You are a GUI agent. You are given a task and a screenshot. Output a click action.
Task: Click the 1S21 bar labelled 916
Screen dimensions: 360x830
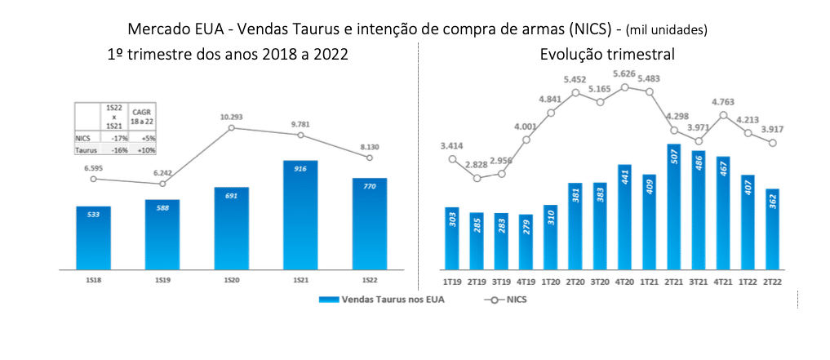tap(301, 215)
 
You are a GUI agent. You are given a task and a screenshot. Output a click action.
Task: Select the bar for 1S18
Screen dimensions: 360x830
tap(93, 238)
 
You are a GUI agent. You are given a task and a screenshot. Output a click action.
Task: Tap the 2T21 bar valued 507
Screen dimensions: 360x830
tap(673, 207)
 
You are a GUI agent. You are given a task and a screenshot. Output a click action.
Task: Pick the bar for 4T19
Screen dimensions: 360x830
tap(526, 242)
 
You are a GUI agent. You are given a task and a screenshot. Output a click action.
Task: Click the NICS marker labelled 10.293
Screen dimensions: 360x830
tap(232, 127)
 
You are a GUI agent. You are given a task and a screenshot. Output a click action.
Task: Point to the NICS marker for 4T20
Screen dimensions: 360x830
tap(624, 87)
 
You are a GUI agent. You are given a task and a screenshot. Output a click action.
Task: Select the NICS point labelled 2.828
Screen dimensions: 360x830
tap(477, 178)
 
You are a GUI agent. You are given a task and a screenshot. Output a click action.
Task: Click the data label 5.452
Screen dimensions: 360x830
tap(575, 80)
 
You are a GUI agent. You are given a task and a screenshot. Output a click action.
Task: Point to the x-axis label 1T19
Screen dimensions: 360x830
tap(453, 282)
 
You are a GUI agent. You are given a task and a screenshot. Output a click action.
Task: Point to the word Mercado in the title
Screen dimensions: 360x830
tap(158, 29)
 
